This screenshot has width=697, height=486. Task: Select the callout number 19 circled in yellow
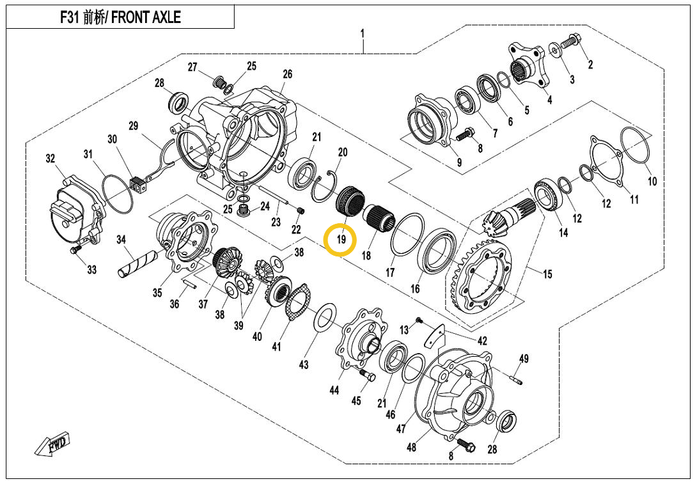point(341,240)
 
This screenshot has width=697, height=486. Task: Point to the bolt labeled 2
point(570,43)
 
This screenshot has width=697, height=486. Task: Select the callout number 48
point(411,447)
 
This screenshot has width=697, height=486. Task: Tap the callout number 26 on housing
point(287,75)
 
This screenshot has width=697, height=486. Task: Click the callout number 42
point(482,341)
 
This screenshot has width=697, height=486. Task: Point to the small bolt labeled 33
point(77,250)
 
